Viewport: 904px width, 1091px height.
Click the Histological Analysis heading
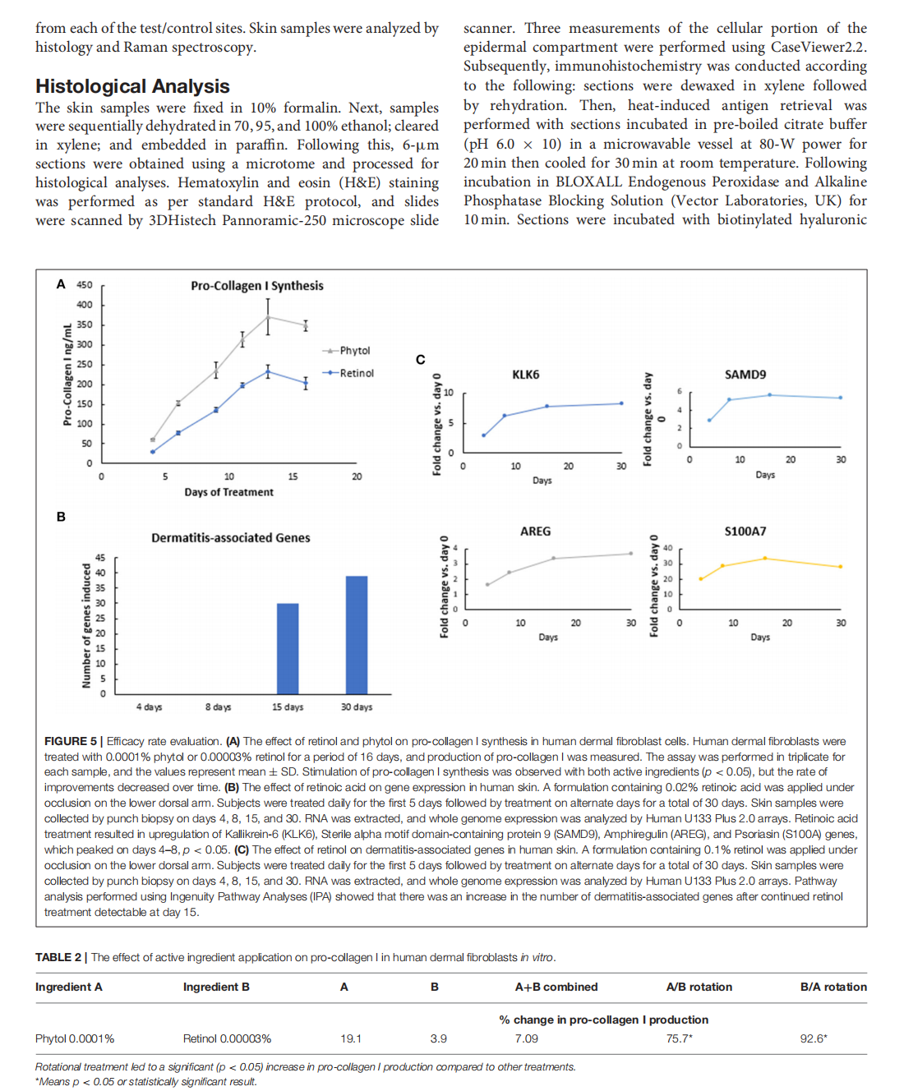tap(132, 86)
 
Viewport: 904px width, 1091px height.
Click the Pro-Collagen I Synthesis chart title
tap(256, 286)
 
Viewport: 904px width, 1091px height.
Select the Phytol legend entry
tap(354, 351)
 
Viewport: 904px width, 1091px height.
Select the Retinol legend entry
tap(356, 373)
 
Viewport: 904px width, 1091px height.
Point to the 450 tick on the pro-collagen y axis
tap(84, 285)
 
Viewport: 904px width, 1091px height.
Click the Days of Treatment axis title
tap(228, 492)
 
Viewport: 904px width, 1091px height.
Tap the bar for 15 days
tap(288, 649)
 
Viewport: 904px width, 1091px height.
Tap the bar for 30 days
tap(357, 635)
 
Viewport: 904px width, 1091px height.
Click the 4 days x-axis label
tap(149, 707)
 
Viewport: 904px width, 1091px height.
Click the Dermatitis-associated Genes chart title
tap(230, 538)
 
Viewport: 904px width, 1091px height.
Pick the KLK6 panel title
tap(525, 375)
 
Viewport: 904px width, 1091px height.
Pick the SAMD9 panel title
tap(745, 375)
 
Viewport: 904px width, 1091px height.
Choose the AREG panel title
tap(535, 532)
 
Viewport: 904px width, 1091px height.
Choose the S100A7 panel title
tap(745, 532)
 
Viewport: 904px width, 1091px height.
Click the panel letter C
tap(420, 360)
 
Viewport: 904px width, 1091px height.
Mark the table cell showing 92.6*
tap(813, 1038)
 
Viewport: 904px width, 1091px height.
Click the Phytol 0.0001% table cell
tap(75, 1038)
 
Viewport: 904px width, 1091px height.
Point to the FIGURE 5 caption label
tap(71, 741)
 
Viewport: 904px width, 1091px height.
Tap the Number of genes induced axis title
tap(86, 625)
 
